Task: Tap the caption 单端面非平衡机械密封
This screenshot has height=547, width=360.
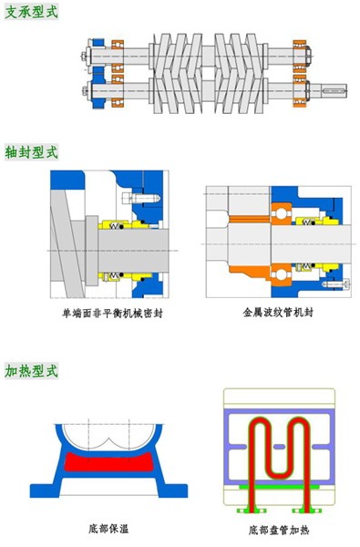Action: tap(106, 311)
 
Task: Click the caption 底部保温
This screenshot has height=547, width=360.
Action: tap(106, 527)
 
